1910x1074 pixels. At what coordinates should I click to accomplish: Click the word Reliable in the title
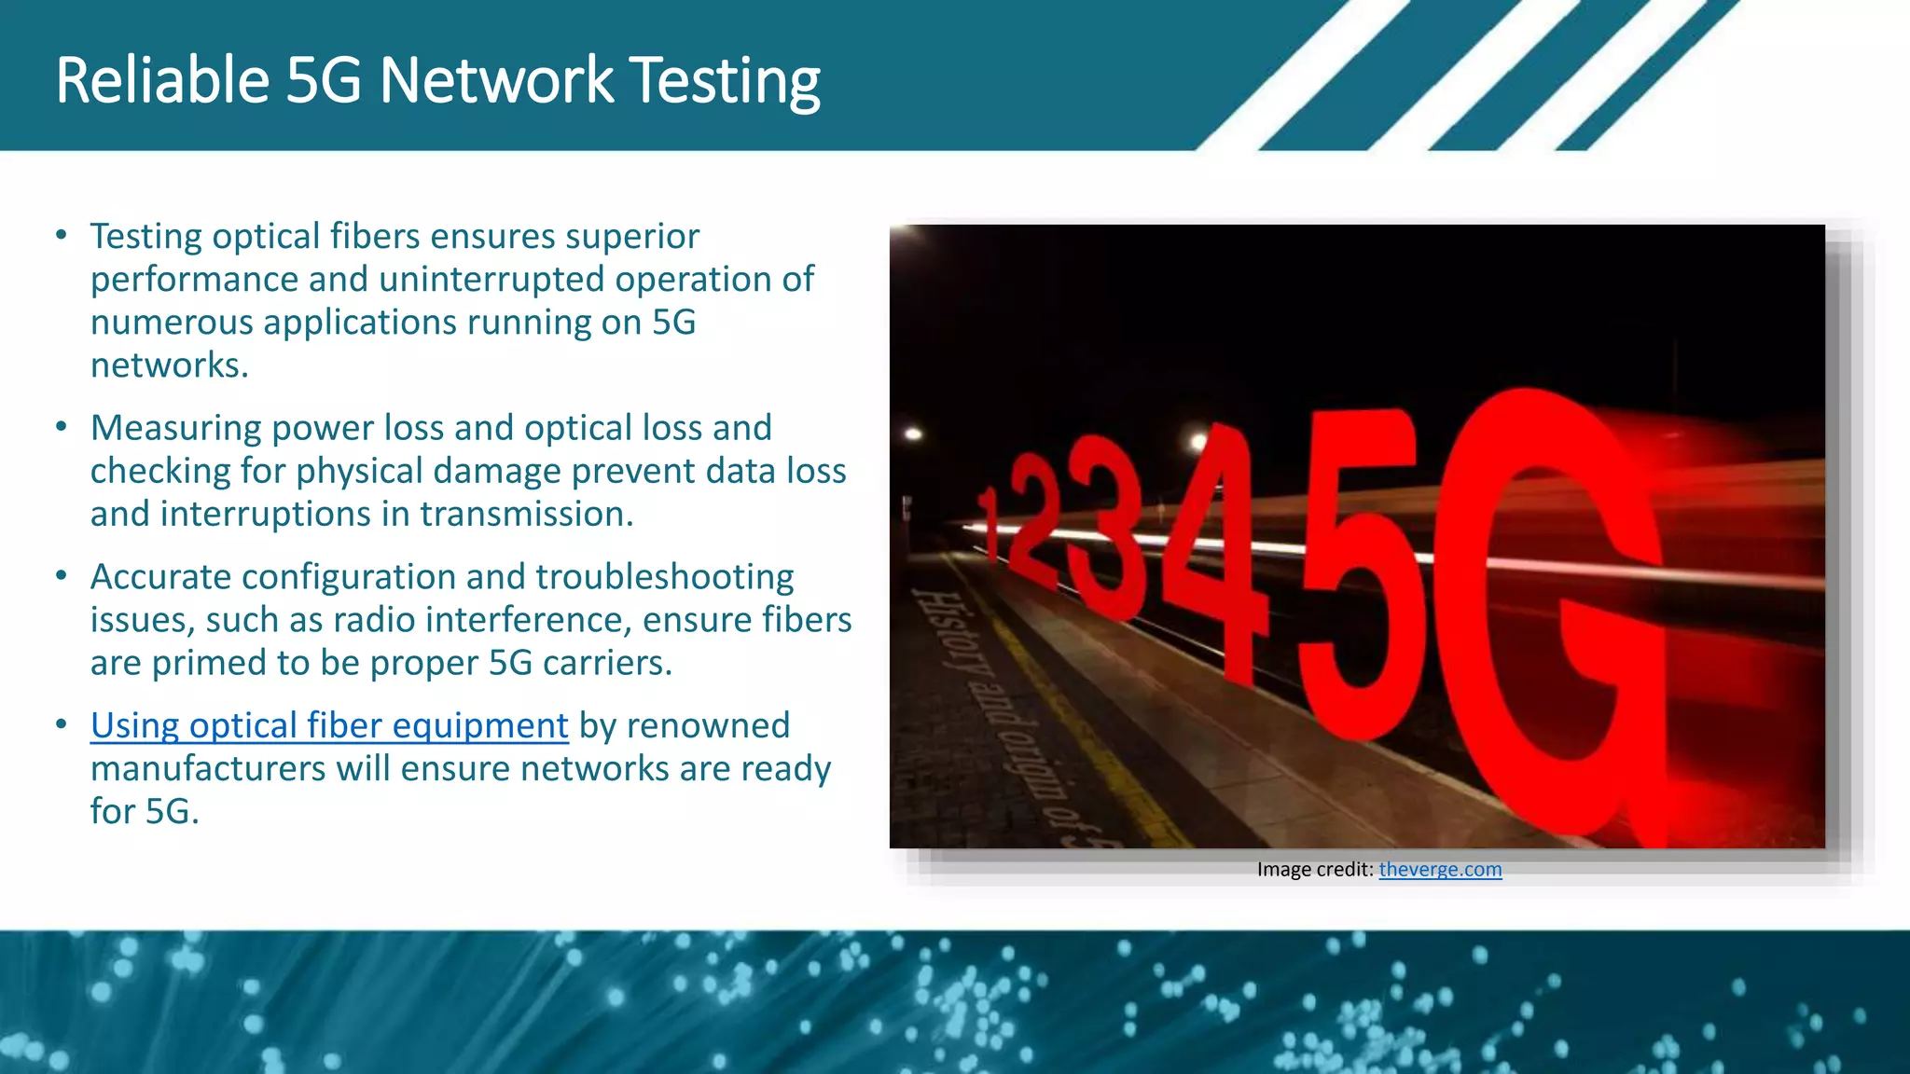pos(162,80)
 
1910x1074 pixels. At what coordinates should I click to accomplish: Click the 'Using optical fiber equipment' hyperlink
pos(328,725)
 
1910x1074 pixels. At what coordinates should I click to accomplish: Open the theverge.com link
pos(1439,869)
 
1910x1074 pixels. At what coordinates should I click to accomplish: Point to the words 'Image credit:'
pos(1314,869)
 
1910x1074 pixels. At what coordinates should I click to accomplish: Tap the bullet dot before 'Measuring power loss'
pos(62,427)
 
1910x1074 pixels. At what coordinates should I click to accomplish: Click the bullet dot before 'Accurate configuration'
pos(62,576)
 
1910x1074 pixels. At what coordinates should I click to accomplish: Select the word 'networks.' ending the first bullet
pos(169,365)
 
